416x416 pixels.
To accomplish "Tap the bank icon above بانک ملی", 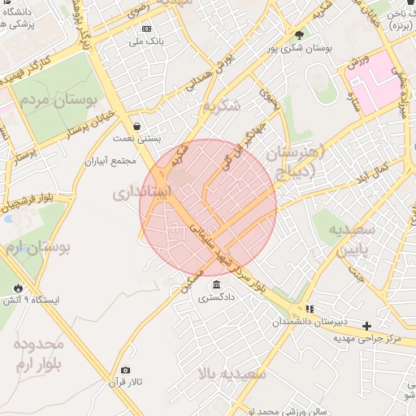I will pos(146,28).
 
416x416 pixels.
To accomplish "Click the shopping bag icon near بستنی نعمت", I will pos(136,126).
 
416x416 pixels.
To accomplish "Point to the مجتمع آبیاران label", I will pos(113,161).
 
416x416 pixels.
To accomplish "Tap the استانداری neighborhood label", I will pos(142,193).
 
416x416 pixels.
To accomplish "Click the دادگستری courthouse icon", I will pos(216,284).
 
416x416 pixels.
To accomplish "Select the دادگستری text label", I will pos(215,297).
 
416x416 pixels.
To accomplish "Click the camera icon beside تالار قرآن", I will pos(124,370).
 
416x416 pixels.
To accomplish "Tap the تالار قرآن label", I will pos(127,382).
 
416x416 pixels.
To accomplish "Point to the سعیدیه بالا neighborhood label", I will pos(232,375).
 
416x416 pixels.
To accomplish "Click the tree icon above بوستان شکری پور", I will pos(299,35).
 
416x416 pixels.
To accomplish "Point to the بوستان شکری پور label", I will pos(305,48).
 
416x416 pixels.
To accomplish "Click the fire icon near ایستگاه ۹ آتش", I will pos(18,288).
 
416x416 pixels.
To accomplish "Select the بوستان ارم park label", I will pos(37,245).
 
